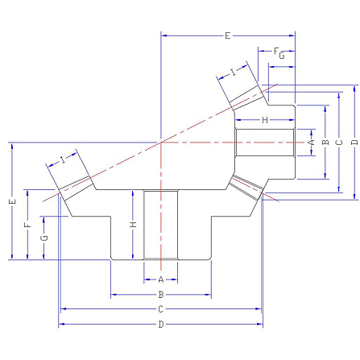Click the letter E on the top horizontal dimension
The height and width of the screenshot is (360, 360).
click(x=227, y=35)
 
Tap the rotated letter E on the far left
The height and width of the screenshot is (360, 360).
click(x=13, y=201)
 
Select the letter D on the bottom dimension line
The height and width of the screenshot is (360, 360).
click(x=161, y=324)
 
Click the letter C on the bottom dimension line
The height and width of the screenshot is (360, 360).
click(x=161, y=309)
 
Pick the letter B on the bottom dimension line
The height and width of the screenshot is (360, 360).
click(x=161, y=295)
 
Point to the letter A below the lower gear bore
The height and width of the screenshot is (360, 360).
click(x=161, y=279)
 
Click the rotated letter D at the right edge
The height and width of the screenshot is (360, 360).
click(x=354, y=142)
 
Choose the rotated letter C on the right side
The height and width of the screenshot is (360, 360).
click(x=339, y=142)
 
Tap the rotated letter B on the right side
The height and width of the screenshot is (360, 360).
click(x=325, y=142)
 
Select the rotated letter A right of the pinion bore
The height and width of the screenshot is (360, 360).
click(x=311, y=142)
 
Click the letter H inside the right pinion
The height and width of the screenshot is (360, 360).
click(x=265, y=120)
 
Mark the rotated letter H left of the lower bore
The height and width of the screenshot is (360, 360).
click(x=133, y=225)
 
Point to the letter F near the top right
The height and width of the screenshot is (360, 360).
click(x=276, y=51)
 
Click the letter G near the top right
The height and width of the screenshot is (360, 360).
click(x=282, y=56)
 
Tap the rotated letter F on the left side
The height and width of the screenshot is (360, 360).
click(x=27, y=225)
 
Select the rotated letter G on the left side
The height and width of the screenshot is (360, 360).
click(x=44, y=238)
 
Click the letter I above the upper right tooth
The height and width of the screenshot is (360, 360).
click(x=234, y=72)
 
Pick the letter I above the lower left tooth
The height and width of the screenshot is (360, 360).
click(x=63, y=160)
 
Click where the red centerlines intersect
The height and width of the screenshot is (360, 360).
click(x=161, y=143)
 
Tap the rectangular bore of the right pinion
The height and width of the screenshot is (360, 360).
click(x=265, y=143)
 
